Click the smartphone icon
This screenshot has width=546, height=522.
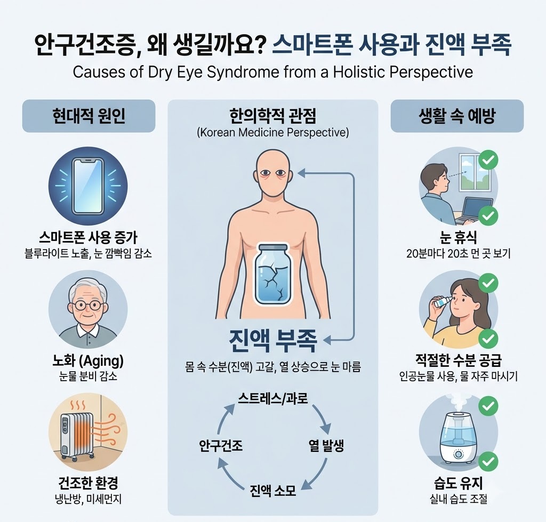click(88, 186)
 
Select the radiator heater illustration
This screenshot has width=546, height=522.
click(78, 435)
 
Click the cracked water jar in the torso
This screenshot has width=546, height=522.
click(272, 275)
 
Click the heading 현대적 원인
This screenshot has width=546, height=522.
click(89, 116)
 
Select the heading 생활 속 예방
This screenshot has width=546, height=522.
click(457, 116)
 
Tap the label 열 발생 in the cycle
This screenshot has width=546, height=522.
click(326, 445)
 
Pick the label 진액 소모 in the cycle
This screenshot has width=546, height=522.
click(273, 491)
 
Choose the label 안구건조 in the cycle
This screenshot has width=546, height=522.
click(221, 445)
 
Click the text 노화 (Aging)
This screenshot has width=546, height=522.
click(88, 361)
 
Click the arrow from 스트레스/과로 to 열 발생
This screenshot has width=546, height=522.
click(323, 417)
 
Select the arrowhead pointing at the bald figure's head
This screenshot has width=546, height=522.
click(301, 172)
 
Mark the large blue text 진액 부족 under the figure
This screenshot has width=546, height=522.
click(273, 340)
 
